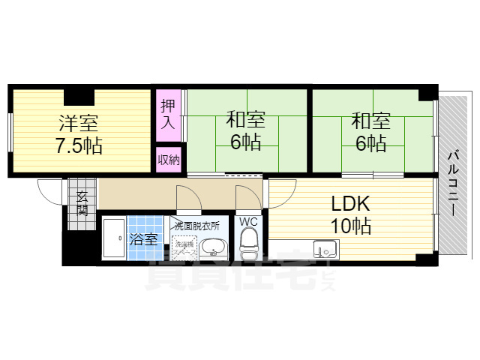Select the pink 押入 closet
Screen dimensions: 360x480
tap(168, 115)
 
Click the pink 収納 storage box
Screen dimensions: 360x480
tap(168, 158)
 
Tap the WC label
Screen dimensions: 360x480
tap(247, 222)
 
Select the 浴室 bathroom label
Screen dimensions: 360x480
tap(144, 240)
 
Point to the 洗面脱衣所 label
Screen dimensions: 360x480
tap(196, 225)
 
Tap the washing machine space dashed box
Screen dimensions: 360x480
tap(183, 245)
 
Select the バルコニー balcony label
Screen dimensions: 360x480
tap(453, 183)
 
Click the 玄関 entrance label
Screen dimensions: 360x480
tap(82, 202)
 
